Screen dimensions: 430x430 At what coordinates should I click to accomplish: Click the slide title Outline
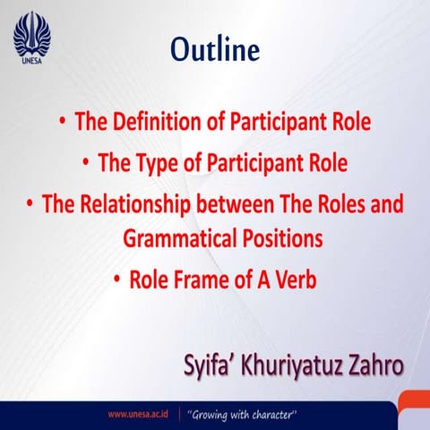[214, 49]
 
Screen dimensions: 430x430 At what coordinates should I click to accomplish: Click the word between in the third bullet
[254, 204]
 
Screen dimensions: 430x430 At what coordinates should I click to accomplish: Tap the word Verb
[292, 279]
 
